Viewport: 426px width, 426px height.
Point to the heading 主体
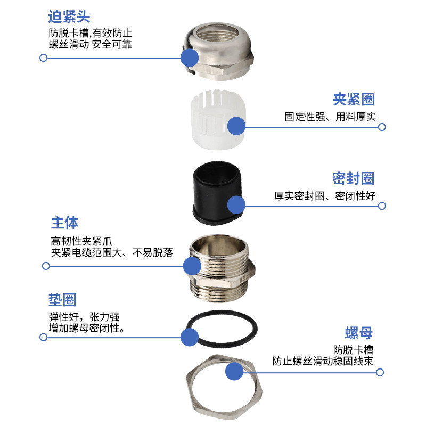click(x=64, y=222)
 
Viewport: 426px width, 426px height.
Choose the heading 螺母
click(x=358, y=333)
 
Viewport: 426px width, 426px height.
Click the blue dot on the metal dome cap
click(x=190, y=58)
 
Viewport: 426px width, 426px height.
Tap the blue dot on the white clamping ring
click(x=236, y=126)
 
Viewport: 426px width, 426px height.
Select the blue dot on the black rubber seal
click(x=236, y=205)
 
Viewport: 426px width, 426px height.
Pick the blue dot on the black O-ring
click(x=190, y=337)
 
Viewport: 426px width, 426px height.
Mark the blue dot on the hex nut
click(x=234, y=372)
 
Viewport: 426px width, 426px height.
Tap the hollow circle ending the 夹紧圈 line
click(x=382, y=127)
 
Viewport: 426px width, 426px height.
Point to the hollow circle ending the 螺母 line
click(x=382, y=373)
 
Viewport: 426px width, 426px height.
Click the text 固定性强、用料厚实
click(x=330, y=117)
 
